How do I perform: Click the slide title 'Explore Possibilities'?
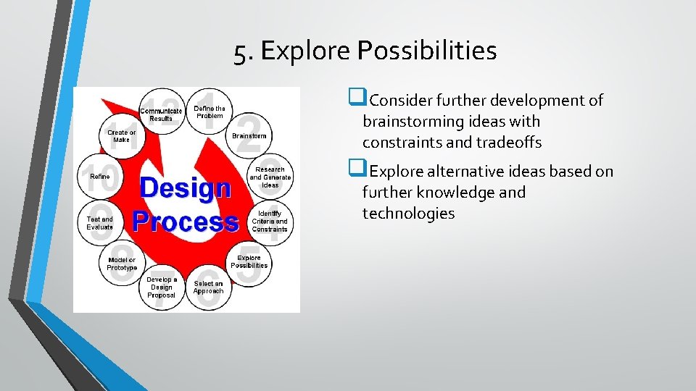(x=365, y=51)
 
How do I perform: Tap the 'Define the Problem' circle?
(x=210, y=112)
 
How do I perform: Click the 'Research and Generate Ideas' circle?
(x=270, y=177)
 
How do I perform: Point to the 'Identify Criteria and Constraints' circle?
(x=270, y=221)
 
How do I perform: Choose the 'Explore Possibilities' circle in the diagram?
(x=249, y=261)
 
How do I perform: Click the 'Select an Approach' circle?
(x=208, y=287)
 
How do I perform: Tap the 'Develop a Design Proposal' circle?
(x=161, y=287)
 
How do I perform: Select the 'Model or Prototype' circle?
(x=121, y=264)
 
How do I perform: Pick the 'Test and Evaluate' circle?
(x=99, y=222)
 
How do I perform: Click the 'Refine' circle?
(x=100, y=177)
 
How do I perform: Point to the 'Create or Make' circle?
(x=121, y=136)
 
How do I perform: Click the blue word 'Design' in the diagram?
(x=185, y=188)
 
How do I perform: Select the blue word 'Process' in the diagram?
(x=185, y=220)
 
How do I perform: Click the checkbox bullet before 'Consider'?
(x=355, y=99)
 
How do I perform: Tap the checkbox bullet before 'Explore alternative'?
(x=355, y=170)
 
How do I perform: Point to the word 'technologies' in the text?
(x=408, y=213)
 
